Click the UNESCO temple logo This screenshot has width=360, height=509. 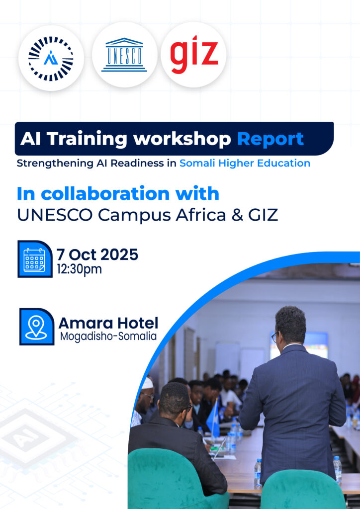point(124,55)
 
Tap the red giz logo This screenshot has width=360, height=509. point(194,54)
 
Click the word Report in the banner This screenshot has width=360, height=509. point(270,139)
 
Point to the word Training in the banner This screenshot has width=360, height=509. point(87,139)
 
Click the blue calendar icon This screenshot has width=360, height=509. point(35,259)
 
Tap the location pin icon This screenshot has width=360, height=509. point(37,327)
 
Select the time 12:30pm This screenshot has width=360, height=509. point(79,269)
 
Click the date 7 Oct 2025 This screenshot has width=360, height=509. point(97,254)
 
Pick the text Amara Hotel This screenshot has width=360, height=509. point(108,323)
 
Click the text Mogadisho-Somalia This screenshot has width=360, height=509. point(108,337)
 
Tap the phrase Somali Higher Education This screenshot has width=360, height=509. point(245,163)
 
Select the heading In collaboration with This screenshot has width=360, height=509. point(118,193)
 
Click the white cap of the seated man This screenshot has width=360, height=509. point(147,383)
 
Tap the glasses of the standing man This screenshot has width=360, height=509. point(274,337)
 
